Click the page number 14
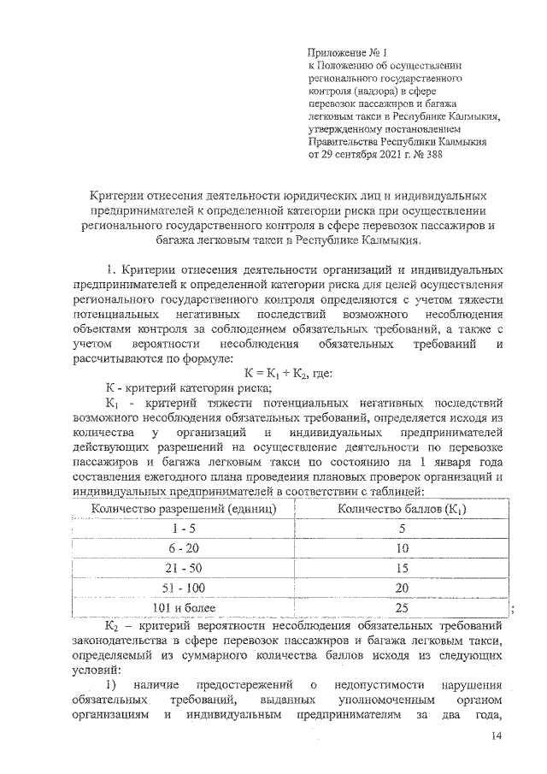tap(497, 738)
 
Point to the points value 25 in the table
tap(401, 607)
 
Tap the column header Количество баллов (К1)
tap(401, 510)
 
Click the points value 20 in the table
tap(401, 588)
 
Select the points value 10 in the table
tap(401, 548)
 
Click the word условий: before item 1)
tap(97, 671)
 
